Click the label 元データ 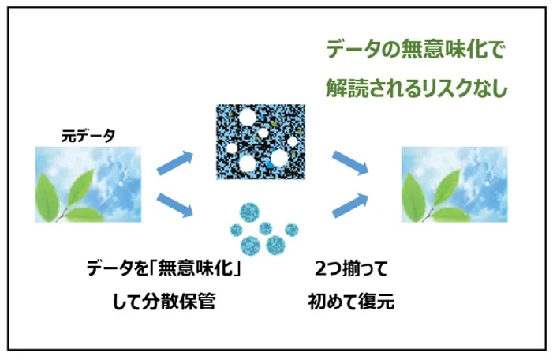88,136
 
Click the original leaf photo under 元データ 88,185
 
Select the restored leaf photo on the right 454,185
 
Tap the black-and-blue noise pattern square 260,142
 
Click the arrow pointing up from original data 175,163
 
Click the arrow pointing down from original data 175,205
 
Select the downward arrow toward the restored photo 350,163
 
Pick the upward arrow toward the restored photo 350,205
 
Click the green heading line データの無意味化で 415,50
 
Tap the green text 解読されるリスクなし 417,88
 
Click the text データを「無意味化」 164,269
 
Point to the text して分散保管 164,302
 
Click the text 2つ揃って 351,269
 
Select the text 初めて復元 351,302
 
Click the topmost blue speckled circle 250,212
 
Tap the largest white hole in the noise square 248,163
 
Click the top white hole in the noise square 247,118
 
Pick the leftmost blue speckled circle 237,231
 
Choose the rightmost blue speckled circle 292,230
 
